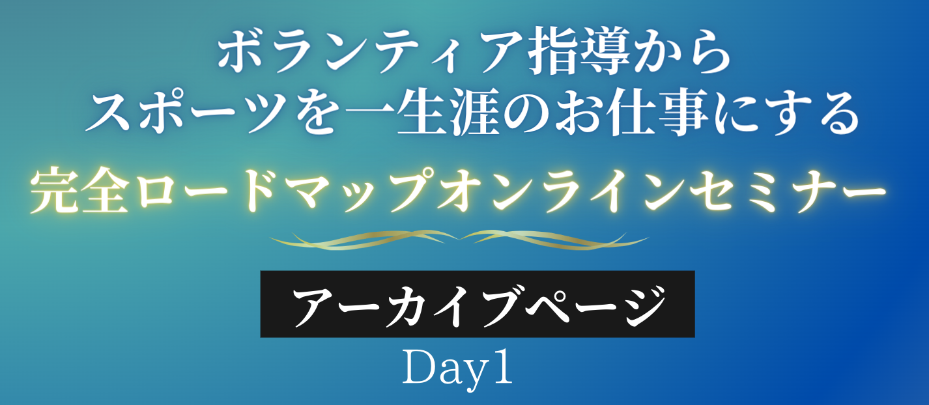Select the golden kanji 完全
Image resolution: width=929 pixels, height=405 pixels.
(x=79, y=190)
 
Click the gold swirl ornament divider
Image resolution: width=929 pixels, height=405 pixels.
(x=459, y=240)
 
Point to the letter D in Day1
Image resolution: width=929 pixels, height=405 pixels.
(x=420, y=367)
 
